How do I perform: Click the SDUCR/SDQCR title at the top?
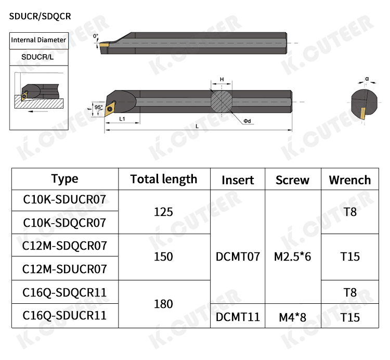point(40,17)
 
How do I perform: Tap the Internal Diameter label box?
point(39,41)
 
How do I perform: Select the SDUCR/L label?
point(37,57)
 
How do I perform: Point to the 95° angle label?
point(98,107)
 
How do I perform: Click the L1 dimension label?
point(122,119)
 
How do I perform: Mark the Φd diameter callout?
point(247,121)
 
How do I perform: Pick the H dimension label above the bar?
point(222,80)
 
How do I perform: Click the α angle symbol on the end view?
point(367,79)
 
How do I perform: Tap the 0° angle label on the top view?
point(96,36)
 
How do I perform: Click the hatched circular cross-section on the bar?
point(222,101)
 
